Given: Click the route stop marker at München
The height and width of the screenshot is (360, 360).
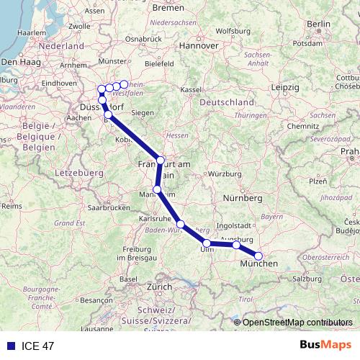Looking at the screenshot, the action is (x=258, y=256).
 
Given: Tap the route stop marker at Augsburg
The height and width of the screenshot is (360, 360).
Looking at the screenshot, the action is (x=236, y=246).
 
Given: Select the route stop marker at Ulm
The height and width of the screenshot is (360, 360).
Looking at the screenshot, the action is (x=207, y=243).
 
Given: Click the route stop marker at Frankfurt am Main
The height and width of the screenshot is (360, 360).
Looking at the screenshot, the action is (x=161, y=160).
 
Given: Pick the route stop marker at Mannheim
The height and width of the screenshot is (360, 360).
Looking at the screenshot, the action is (x=157, y=190).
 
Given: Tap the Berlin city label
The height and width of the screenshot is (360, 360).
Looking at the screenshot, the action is (x=318, y=24).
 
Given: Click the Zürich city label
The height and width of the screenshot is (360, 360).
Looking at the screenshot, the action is (x=159, y=287).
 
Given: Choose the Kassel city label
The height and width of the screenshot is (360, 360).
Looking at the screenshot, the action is (x=190, y=89).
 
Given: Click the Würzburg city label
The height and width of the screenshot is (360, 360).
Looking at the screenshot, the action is (x=222, y=174).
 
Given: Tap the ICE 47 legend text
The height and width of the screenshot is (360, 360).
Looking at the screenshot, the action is (x=37, y=346).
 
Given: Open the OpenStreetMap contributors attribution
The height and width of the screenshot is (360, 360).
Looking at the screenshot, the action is (x=297, y=322).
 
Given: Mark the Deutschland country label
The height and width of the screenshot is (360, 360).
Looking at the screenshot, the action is (x=226, y=103).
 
